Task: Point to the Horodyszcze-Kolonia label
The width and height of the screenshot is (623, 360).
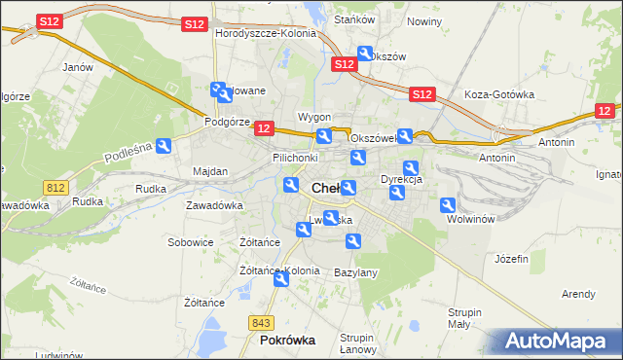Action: click(x=266, y=33)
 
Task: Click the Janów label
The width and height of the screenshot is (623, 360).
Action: click(x=77, y=67)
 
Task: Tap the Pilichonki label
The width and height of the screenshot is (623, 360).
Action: click(x=295, y=157)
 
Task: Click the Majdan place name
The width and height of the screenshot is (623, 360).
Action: click(x=210, y=171)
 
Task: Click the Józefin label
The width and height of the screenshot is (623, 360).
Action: click(x=511, y=259)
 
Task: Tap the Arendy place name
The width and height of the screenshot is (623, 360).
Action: click(x=578, y=293)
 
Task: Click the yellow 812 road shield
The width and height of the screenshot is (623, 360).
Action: click(x=55, y=185)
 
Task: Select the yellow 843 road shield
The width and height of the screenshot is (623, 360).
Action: click(x=260, y=322)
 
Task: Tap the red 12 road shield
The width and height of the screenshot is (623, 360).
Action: click(x=263, y=127)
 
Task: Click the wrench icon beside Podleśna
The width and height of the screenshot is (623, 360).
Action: click(x=165, y=146)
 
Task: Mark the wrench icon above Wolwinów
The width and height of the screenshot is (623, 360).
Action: click(x=448, y=205)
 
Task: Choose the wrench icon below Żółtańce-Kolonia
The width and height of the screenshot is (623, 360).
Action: click(x=281, y=279)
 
